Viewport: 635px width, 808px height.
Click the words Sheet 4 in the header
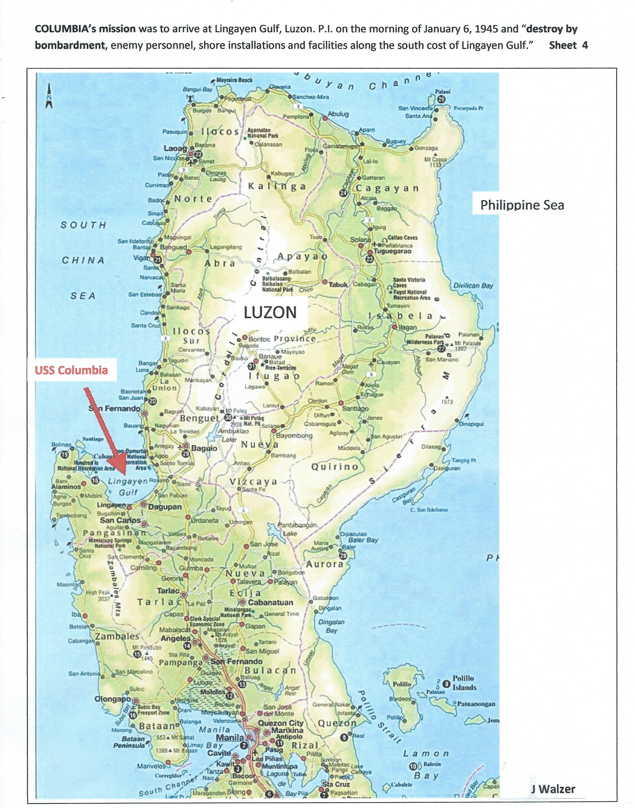[568, 45]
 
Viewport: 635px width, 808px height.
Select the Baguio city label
[204, 448]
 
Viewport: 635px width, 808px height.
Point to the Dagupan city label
[165, 507]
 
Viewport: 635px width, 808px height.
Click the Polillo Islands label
[464, 683]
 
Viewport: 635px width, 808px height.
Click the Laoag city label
[175, 148]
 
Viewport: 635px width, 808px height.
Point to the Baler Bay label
[363, 540]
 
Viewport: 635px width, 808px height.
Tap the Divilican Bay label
[473, 286]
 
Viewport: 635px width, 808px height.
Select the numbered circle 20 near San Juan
[152, 401]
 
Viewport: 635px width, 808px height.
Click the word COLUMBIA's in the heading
[85, 29]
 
